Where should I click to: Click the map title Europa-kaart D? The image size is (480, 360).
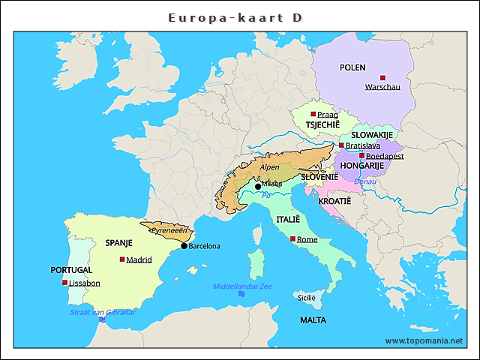235,17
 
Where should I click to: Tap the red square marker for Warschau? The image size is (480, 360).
382,77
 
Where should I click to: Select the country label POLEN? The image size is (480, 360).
352,67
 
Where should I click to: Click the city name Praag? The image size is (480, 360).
327,115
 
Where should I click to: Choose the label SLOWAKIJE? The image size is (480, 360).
372,135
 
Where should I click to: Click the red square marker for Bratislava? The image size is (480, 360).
341,145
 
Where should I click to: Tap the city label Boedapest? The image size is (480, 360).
385,156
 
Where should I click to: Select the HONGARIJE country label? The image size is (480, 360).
362,166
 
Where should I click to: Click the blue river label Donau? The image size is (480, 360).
365,181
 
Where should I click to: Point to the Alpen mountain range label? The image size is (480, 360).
269,169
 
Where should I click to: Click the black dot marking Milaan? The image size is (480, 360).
258,186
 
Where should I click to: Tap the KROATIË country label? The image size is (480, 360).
334,202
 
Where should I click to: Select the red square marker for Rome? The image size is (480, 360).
292,239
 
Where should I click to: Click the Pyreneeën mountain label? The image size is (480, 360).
169,231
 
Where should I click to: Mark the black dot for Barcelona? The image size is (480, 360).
184,246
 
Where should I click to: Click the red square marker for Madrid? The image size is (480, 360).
122,259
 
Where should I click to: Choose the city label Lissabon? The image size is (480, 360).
84,283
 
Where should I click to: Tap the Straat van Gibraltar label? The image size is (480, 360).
103,312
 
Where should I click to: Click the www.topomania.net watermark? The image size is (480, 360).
424,340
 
